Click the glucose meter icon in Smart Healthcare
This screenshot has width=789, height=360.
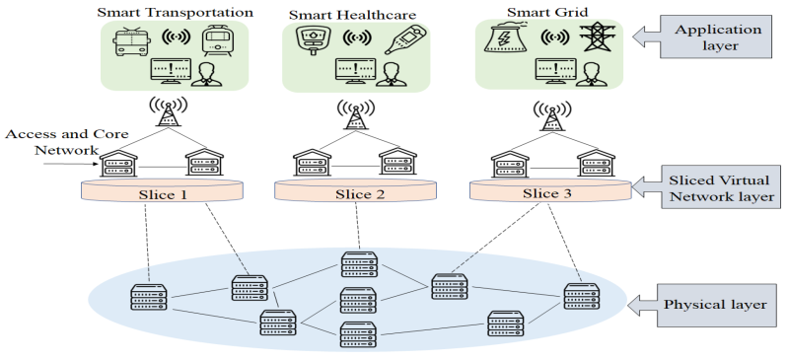[x=307, y=41]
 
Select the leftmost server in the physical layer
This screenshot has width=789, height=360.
[x=149, y=297]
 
